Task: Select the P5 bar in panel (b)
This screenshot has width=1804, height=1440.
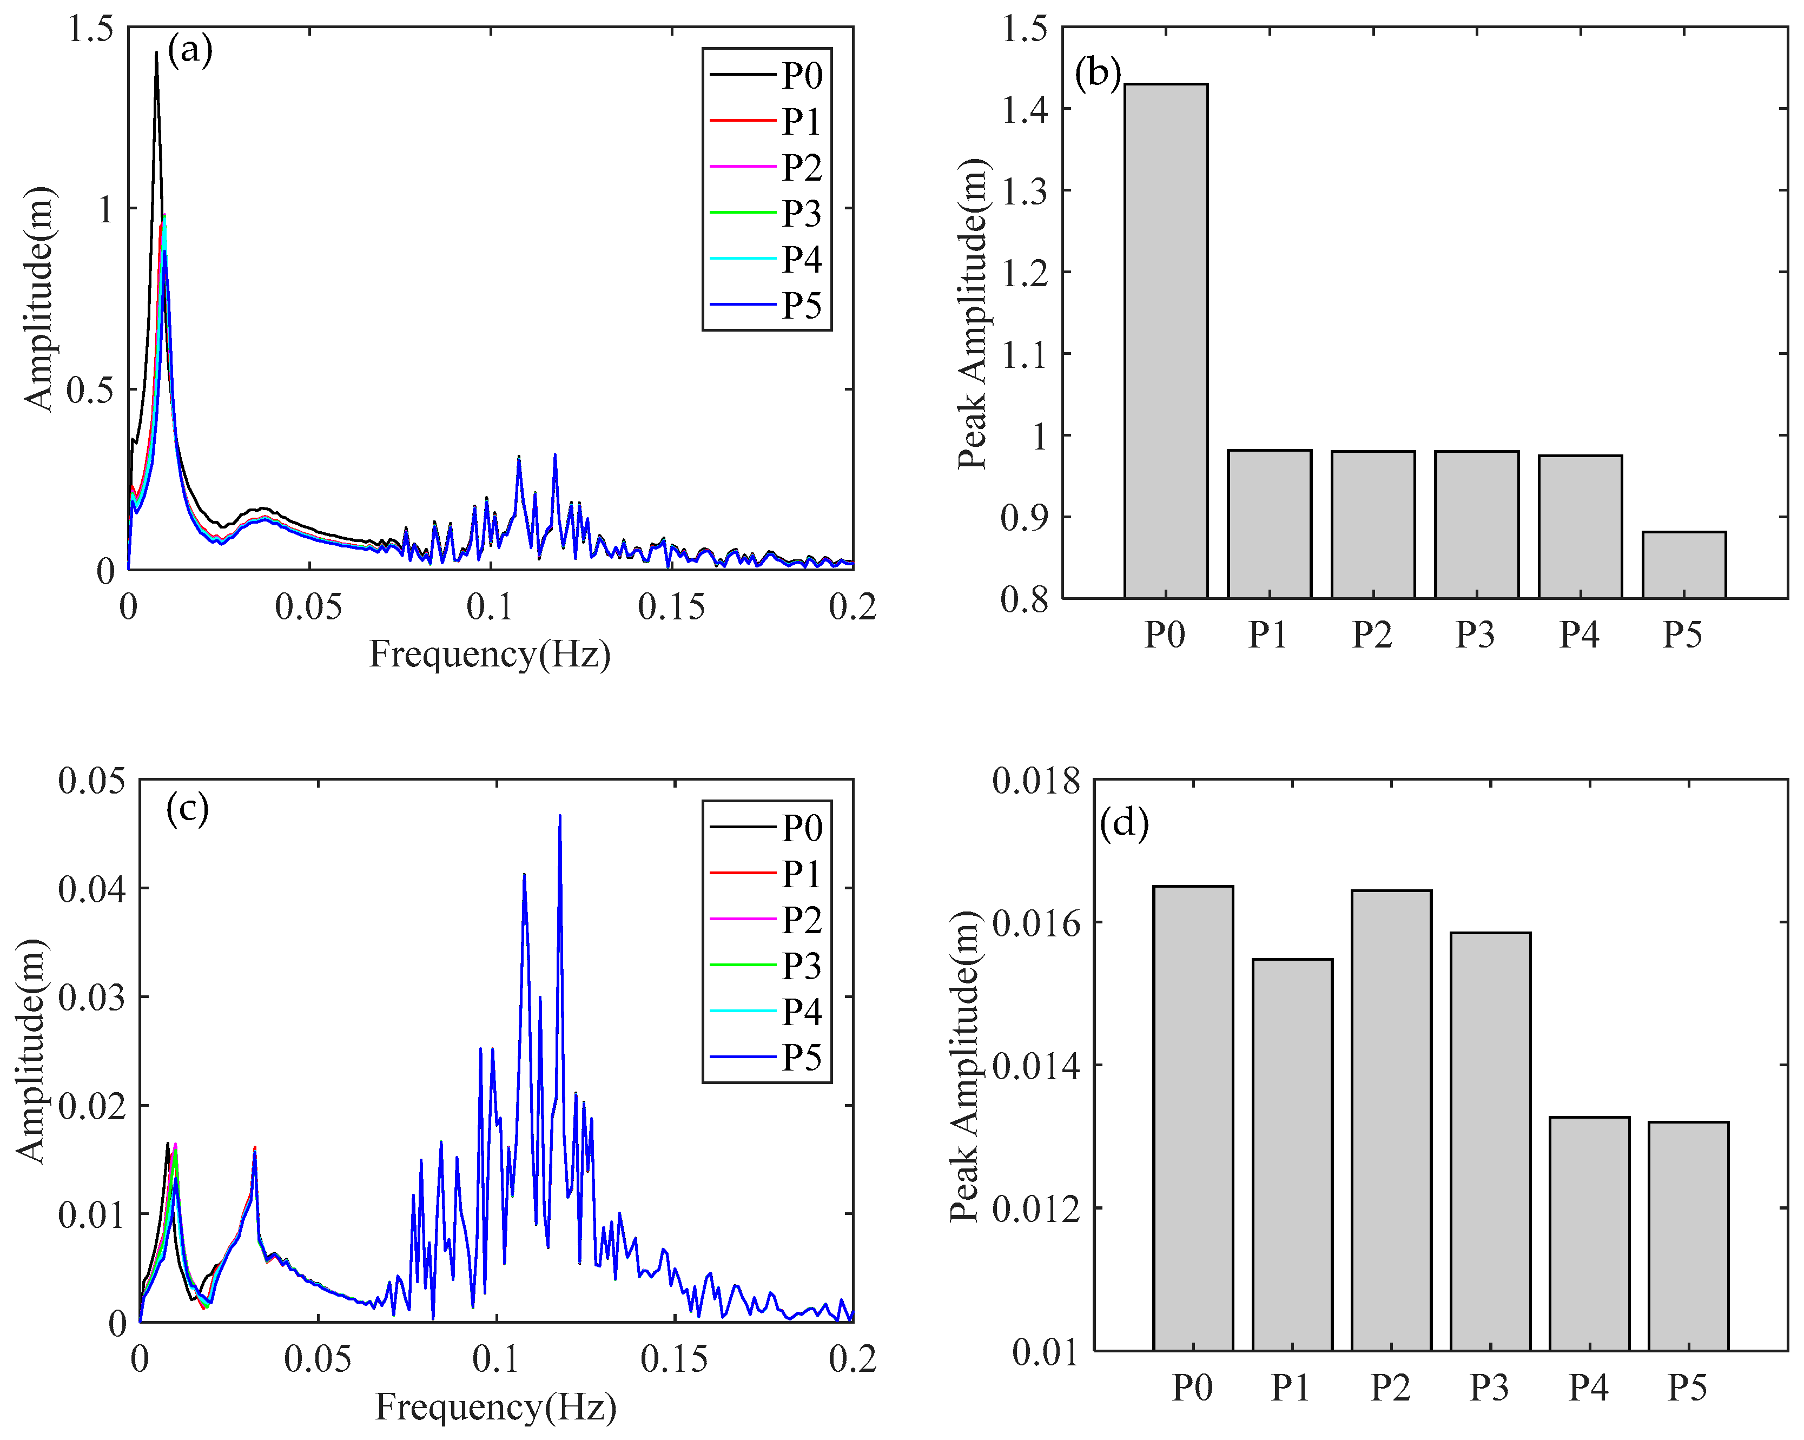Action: pos(1683,565)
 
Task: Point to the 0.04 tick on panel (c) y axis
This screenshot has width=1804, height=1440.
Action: pos(92,889)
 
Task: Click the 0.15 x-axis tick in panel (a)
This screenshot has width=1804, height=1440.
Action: pos(671,606)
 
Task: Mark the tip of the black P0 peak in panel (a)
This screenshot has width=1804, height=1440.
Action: pos(156,52)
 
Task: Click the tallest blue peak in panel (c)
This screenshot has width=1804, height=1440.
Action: pos(560,815)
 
